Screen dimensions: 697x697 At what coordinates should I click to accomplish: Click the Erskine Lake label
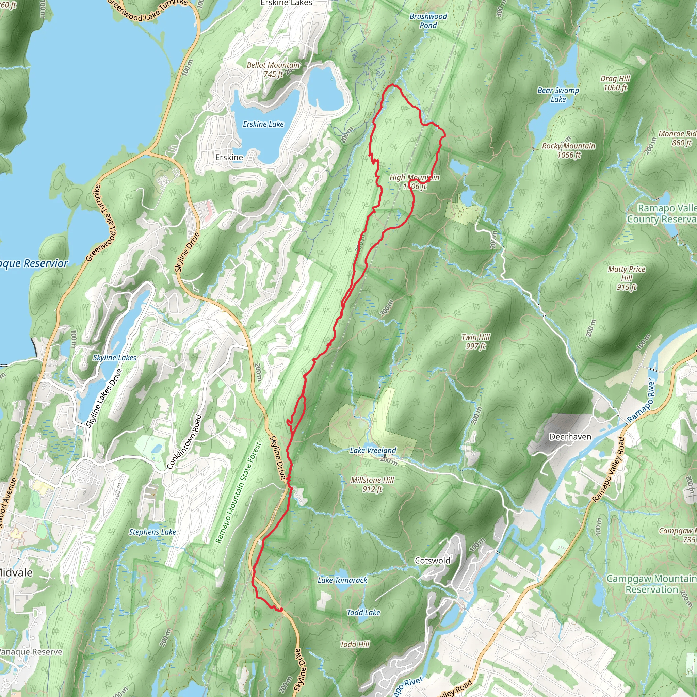[263, 124]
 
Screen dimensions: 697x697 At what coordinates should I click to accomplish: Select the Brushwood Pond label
[428, 21]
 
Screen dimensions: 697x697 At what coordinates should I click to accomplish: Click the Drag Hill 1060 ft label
[615, 83]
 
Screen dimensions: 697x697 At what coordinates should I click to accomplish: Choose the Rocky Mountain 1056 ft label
[569, 150]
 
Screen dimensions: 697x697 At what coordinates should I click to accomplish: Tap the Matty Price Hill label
[626, 278]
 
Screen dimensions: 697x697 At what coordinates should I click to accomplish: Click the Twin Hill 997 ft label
[475, 341]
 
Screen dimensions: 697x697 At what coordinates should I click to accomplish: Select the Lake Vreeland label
[373, 450]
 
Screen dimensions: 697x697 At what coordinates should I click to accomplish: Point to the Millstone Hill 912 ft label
[372, 485]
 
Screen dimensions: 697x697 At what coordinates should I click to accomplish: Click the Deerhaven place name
[570, 437]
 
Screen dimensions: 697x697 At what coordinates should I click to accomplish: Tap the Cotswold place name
[432, 560]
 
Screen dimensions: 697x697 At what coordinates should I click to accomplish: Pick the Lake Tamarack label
[342, 580]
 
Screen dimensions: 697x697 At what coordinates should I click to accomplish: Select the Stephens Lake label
[152, 532]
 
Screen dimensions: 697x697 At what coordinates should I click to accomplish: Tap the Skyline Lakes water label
[114, 358]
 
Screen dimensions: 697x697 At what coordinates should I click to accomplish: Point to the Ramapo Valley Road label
[608, 469]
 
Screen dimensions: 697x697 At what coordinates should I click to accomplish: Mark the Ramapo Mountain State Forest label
[238, 492]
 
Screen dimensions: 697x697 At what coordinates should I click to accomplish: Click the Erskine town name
[229, 157]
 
